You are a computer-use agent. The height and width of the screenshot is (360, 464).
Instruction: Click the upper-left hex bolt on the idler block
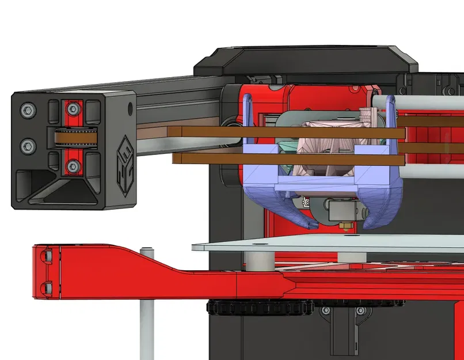(x=27, y=109)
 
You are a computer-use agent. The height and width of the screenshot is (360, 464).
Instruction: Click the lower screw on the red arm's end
(x=48, y=286)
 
